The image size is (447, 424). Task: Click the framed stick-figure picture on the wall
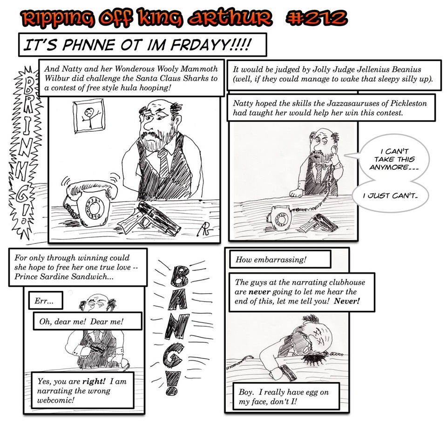89,116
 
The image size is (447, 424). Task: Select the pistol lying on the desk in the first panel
149,218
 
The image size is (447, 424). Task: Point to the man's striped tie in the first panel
164,163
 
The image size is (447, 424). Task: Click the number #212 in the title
317,18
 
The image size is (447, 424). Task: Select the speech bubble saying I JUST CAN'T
391,196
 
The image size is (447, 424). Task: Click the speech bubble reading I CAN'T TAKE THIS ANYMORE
394,159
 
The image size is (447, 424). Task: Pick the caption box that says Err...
46,301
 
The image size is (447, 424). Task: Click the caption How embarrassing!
280,260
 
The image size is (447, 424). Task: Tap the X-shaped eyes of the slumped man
319,335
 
